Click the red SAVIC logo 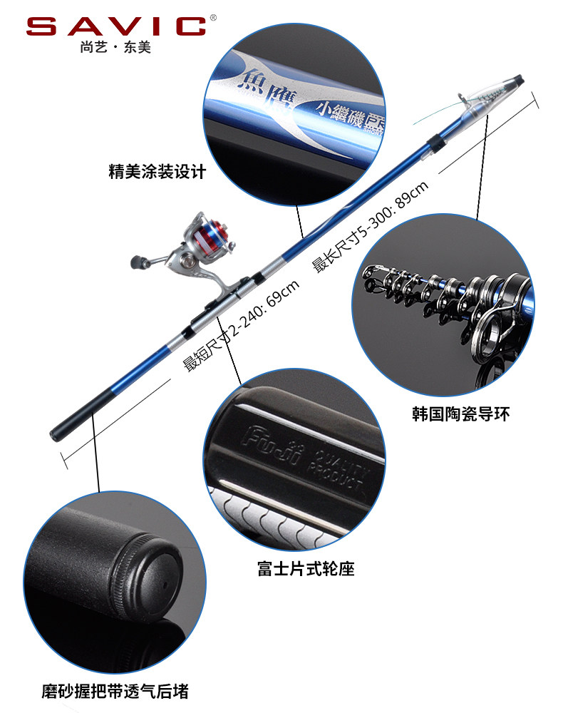click(116, 26)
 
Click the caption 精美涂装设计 click(157, 172)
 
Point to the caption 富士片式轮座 click(306, 569)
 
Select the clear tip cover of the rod click(492, 93)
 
